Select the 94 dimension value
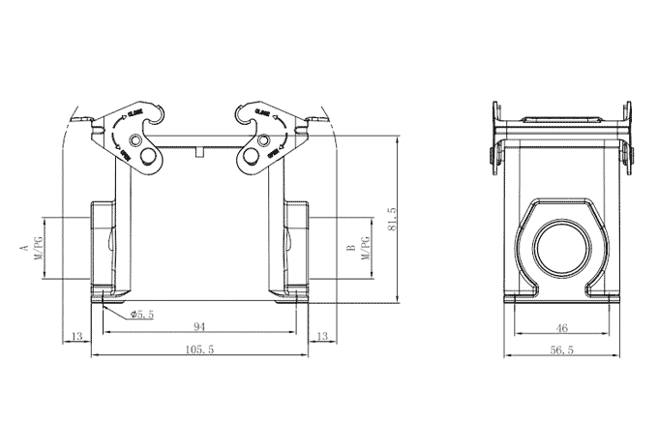(198, 326)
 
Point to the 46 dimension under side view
(562, 327)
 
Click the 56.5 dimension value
(561, 350)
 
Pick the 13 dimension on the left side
(76, 336)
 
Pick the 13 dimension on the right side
(323, 336)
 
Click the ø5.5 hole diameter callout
(142, 314)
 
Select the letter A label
(23, 249)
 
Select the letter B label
(350, 249)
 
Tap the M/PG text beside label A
(40, 249)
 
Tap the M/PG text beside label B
(366, 249)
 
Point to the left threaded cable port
(104, 247)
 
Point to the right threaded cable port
(295, 247)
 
